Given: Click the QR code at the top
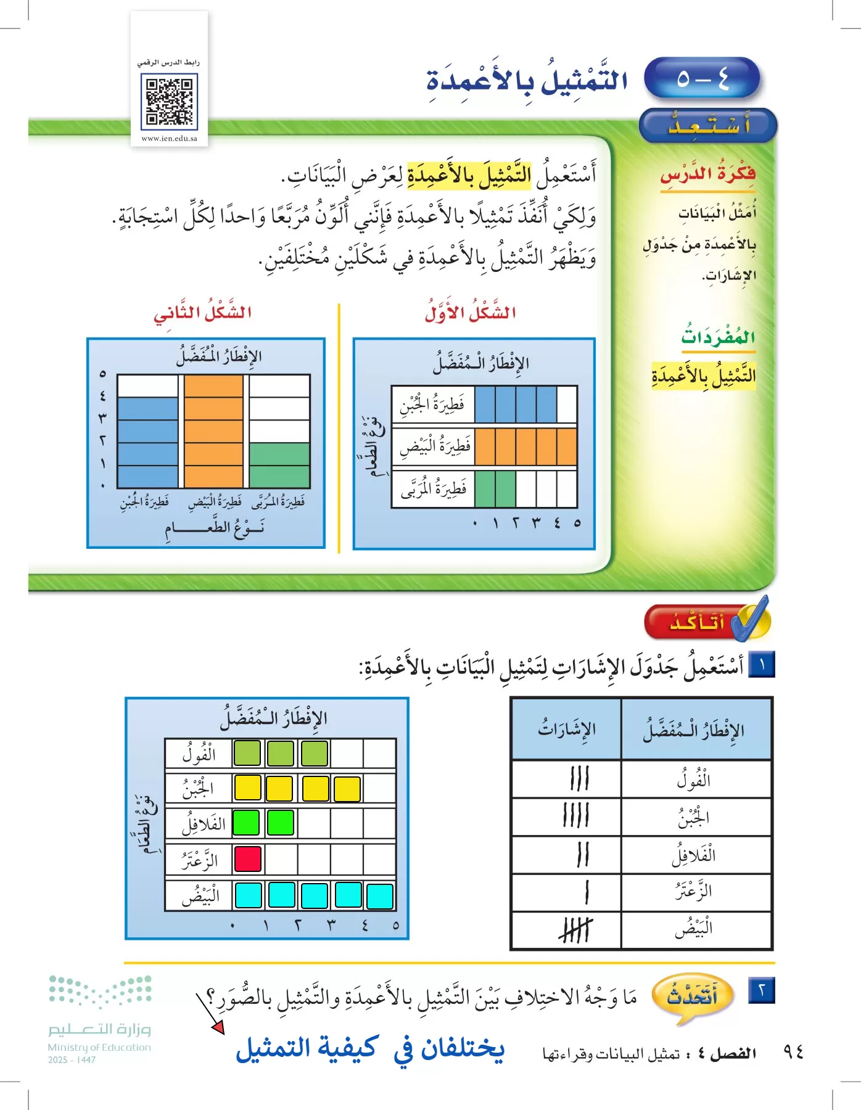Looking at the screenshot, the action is [x=169, y=101].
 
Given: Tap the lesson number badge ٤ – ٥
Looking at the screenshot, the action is [x=702, y=78].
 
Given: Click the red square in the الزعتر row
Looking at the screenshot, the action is [x=248, y=858].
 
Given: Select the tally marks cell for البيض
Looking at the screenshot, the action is [x=575, y=930].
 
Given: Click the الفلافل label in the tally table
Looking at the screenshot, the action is [x=693, y=855].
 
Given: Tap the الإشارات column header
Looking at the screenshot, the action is [x=566, y=729].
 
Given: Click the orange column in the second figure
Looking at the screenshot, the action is [x=213, y=431].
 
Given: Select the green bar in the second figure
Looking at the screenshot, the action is [x=279, y=465].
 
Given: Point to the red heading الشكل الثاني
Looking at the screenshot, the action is [x=203, y=313].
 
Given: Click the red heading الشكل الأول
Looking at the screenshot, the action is [x=471, y=313].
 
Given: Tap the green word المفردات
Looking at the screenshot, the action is [x=718, y=337].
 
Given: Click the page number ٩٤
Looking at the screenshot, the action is [x=794, y=1052].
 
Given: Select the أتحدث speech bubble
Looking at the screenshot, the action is [x=693, y=995].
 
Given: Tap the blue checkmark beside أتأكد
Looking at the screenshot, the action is [x=752, y=619].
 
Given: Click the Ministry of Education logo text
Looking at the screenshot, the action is [x=99, y=1047].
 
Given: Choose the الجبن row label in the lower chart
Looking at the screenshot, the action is [x=198, y=788].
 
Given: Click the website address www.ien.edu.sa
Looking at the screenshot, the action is [x=169, y=139].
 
